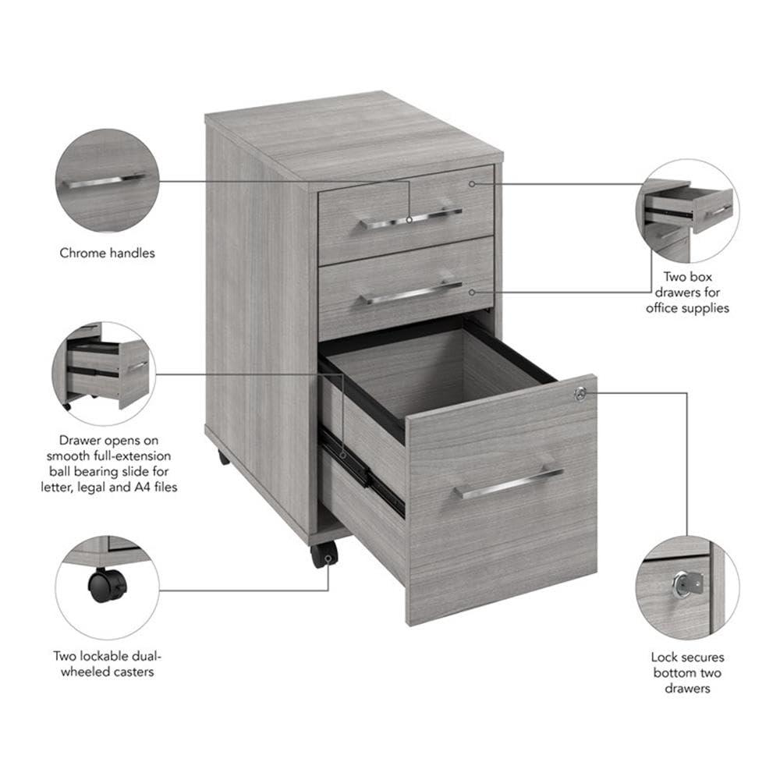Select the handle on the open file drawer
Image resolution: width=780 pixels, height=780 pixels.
[509, 484]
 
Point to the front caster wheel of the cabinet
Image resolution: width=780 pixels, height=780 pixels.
[324, 555]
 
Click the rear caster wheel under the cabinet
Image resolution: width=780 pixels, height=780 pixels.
[223, 457]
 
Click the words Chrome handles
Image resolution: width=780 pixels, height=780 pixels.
[108, 253]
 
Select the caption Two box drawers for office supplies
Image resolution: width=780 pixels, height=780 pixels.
[687, 292]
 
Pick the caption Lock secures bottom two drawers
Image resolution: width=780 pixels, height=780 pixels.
[687, 672]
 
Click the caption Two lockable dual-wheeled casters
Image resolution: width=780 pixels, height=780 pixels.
[108, 664]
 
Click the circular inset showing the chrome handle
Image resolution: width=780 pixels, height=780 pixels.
[108, 181]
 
